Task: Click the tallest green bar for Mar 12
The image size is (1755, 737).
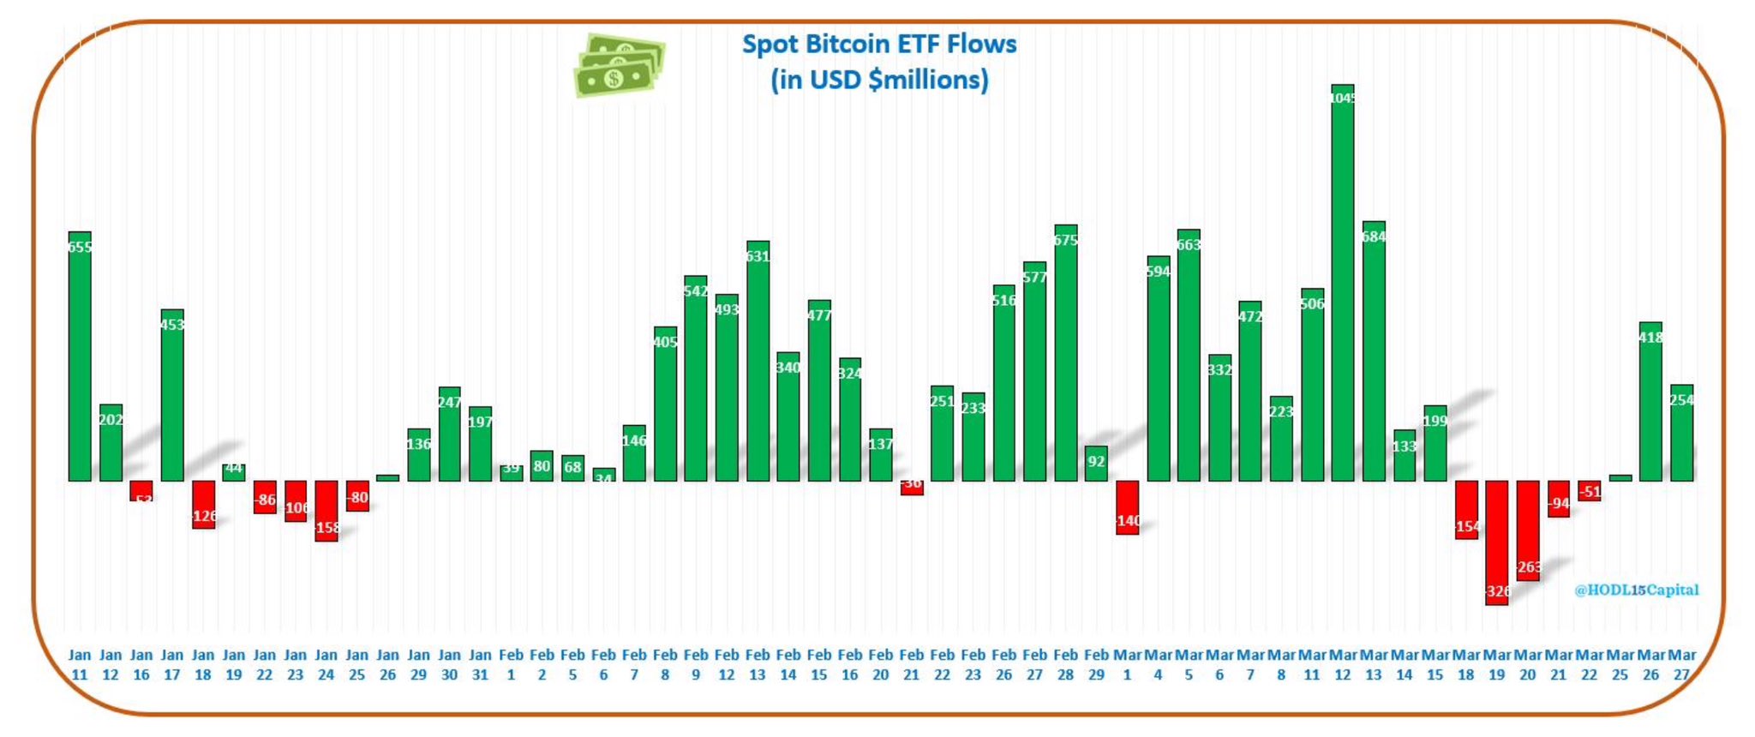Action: coord(1342,283)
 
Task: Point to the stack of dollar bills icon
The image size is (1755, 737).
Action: coord(619,66)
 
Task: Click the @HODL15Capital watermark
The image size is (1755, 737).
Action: coord(1636,590)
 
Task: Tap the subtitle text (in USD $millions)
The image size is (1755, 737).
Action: coord(879,81)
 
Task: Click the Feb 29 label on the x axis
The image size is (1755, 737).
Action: coord(1096,664)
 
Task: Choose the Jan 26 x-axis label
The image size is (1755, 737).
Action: coord(387,664)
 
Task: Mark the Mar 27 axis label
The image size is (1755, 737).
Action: coord(1681,664)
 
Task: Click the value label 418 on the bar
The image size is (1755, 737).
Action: coord(1650,338)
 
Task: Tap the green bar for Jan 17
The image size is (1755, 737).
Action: coord(172,394)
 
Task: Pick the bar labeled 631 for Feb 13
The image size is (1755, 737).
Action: coord(758,361)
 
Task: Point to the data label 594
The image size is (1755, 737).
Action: coord(1158,272)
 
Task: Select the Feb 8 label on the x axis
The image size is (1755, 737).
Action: coord(665,664)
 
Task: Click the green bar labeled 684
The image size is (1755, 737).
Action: coord(1374,351)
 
